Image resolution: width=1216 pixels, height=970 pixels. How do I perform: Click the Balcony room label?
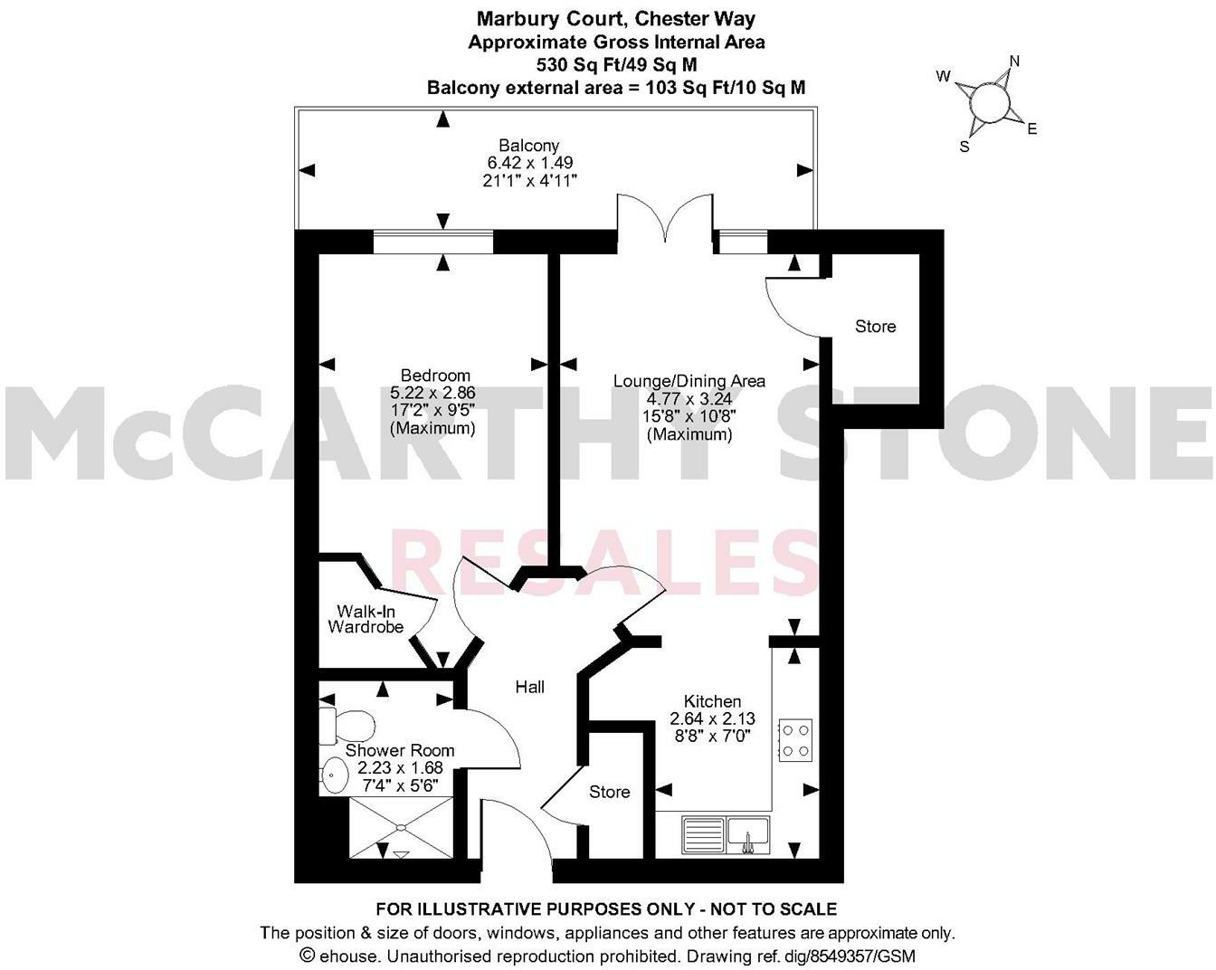529,146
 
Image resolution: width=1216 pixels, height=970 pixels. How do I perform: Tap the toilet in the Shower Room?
347,725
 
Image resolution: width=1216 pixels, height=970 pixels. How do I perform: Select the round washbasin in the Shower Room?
335,775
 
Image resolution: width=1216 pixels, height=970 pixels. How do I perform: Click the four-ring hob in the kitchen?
795,739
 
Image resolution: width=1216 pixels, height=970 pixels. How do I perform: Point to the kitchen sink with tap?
747,833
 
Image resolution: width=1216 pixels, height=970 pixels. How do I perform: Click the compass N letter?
1014,62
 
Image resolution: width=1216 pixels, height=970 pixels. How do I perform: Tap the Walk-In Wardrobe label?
366,620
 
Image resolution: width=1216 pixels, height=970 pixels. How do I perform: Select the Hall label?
529,688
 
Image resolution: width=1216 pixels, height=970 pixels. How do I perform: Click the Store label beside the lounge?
875,327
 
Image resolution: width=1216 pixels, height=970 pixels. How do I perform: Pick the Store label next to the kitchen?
609,792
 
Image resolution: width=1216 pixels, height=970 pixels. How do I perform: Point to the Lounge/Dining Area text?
689,381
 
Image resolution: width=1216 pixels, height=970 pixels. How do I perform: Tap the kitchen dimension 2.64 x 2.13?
712,718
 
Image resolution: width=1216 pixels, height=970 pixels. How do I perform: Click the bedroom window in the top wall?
433,242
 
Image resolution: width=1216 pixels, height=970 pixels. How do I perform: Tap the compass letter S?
964,147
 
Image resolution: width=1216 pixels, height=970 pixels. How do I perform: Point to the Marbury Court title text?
552,18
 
